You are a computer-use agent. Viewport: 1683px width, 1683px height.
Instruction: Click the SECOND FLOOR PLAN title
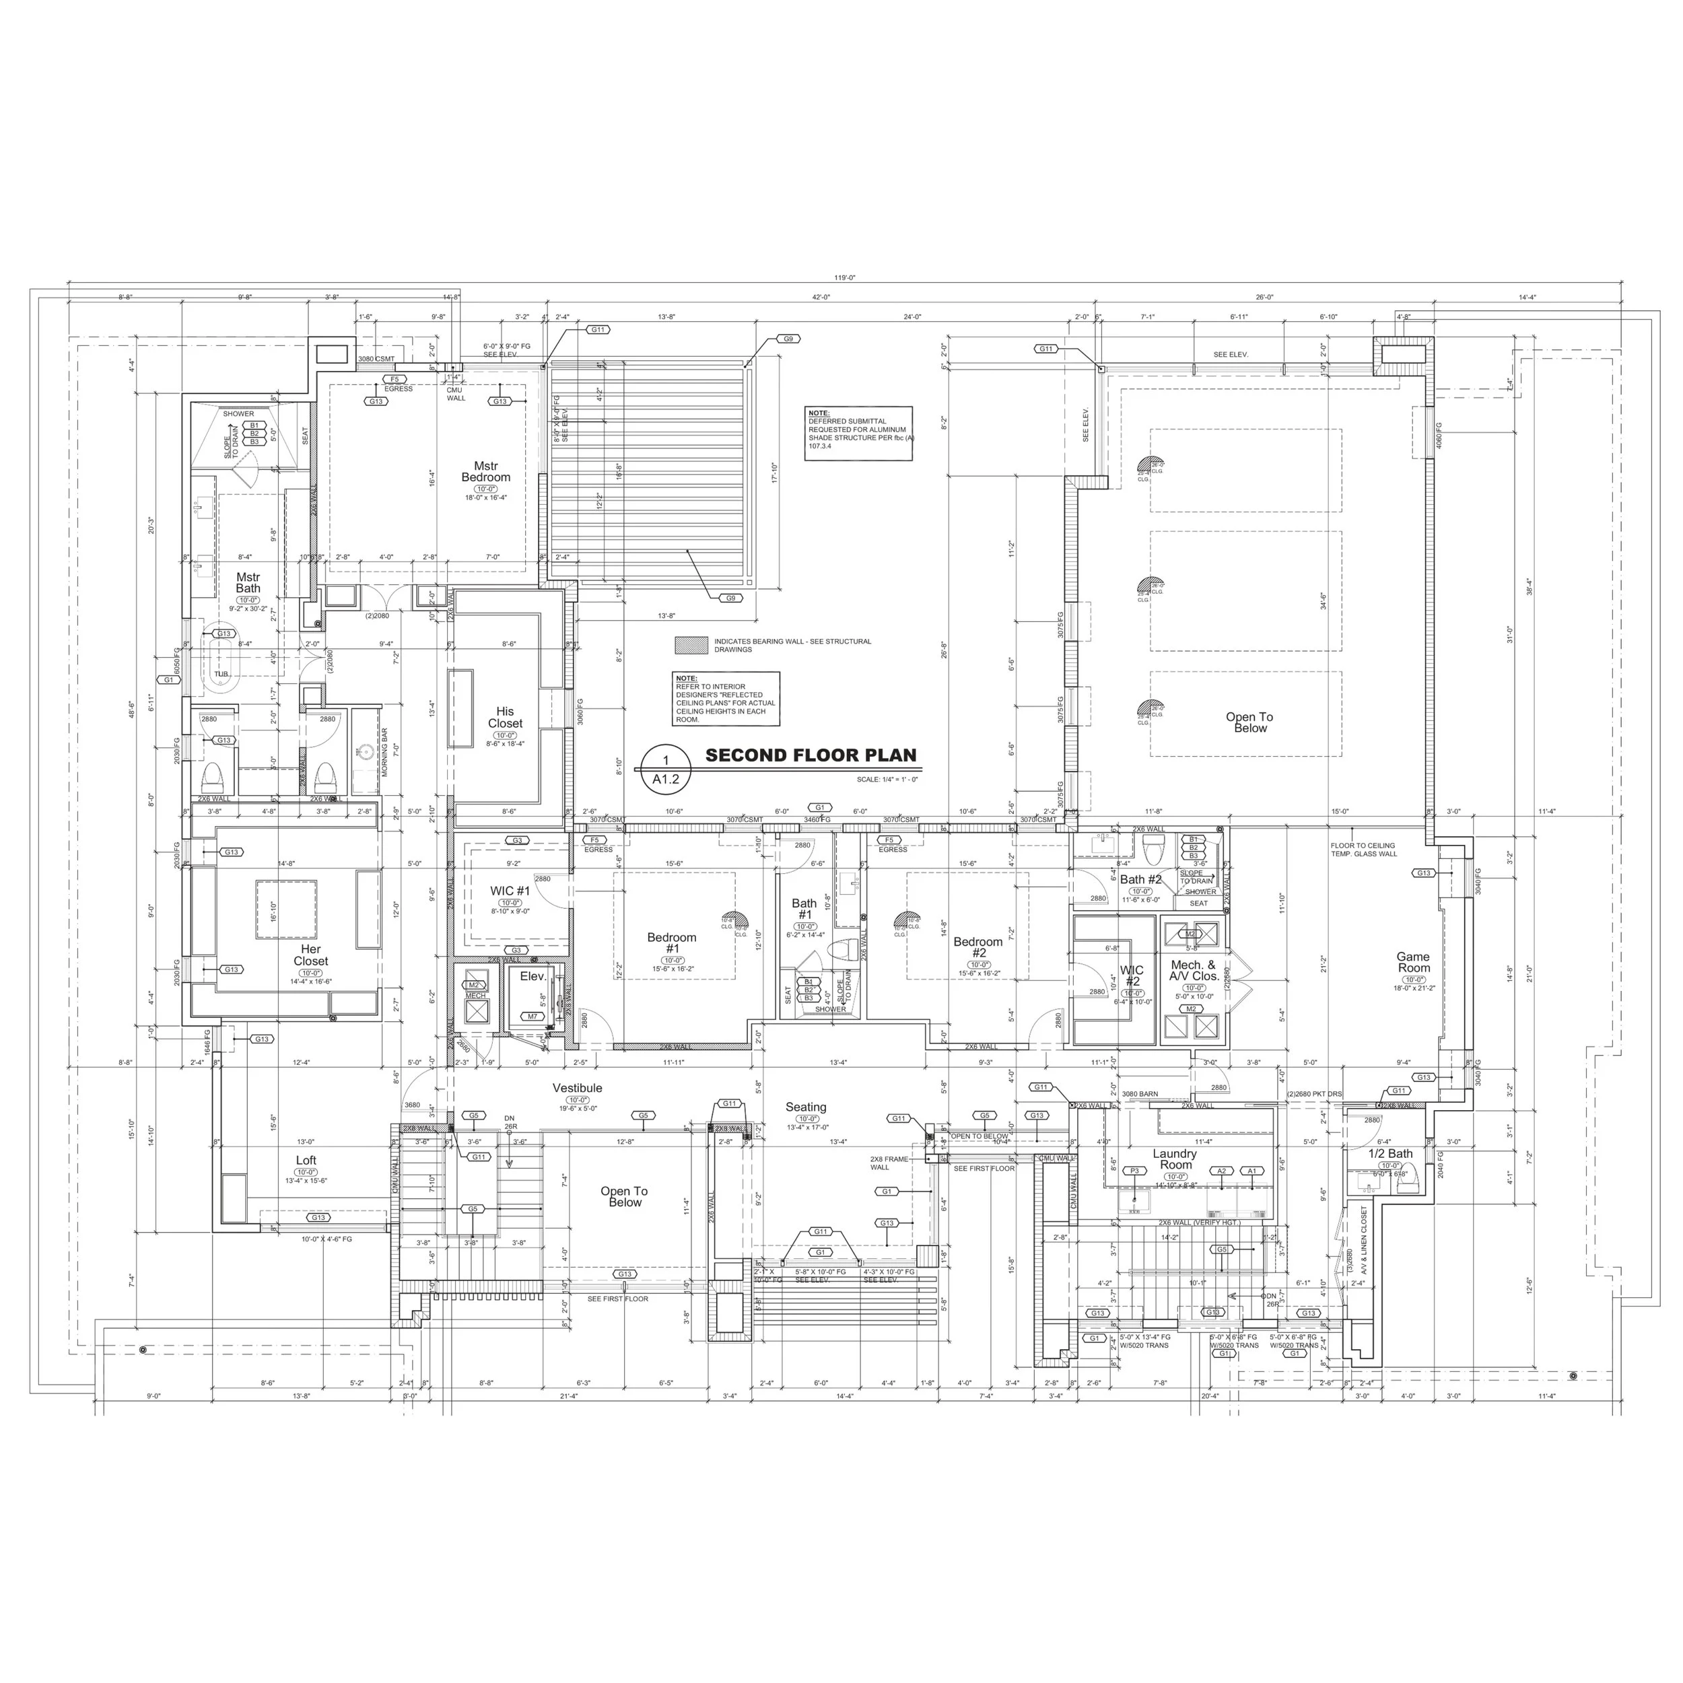coord(810,755)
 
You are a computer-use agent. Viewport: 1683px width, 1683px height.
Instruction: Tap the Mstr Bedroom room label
coord(486,472)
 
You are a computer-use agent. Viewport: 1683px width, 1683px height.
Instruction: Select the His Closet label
coord(506,718)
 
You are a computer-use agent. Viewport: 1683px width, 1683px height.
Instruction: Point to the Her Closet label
coord(311,955)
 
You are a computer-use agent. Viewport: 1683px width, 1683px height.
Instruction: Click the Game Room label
coord(1414,962)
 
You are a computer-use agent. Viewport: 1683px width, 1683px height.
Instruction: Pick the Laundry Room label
coord(1175,1159)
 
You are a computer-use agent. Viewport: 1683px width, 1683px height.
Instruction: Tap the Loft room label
coord(306,1161)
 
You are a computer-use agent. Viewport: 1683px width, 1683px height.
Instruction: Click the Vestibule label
coord(578,1088)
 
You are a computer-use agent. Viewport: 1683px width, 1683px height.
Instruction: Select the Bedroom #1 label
coord(672,942)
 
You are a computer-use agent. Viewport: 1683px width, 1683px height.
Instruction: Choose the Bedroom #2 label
coord(978,947)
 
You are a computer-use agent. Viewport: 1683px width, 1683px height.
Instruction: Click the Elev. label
coord(533,977)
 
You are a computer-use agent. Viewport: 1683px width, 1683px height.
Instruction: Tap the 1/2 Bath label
coord(1390,1153)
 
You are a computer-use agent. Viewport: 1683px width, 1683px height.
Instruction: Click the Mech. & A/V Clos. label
coord(1194,971)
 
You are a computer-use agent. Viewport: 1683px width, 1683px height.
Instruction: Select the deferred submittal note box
coord(858,433)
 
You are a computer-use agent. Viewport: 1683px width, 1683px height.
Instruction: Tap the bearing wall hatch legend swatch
coord(691,646)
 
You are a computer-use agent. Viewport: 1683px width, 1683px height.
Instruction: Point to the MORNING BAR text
coord(384,753)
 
